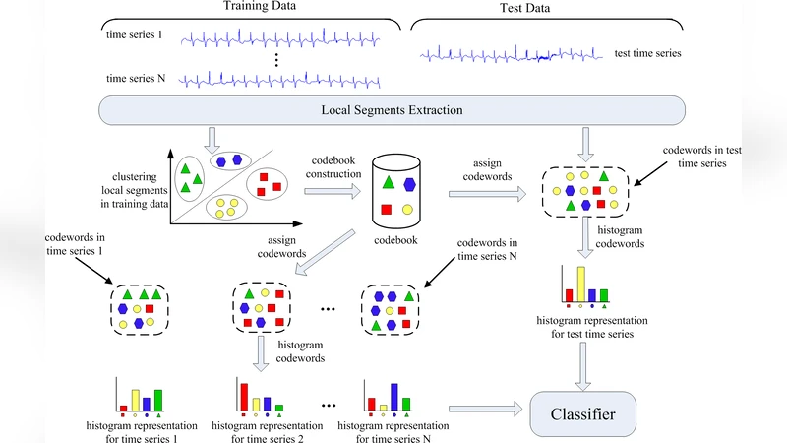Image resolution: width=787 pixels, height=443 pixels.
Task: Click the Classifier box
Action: click(582, 414)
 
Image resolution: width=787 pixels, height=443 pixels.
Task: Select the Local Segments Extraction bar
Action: click(393, 110)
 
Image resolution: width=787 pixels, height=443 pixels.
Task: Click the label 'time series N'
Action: click(136, 78)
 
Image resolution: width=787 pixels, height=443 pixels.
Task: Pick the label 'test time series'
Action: click(646, 53)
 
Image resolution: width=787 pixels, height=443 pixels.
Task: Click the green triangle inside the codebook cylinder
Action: click(389, 182)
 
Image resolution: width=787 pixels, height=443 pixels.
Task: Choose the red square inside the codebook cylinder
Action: click(389, 208)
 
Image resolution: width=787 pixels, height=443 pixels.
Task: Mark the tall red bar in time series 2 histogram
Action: click(243, 396)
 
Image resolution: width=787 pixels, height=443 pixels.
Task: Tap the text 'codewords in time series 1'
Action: click(76, 243)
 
